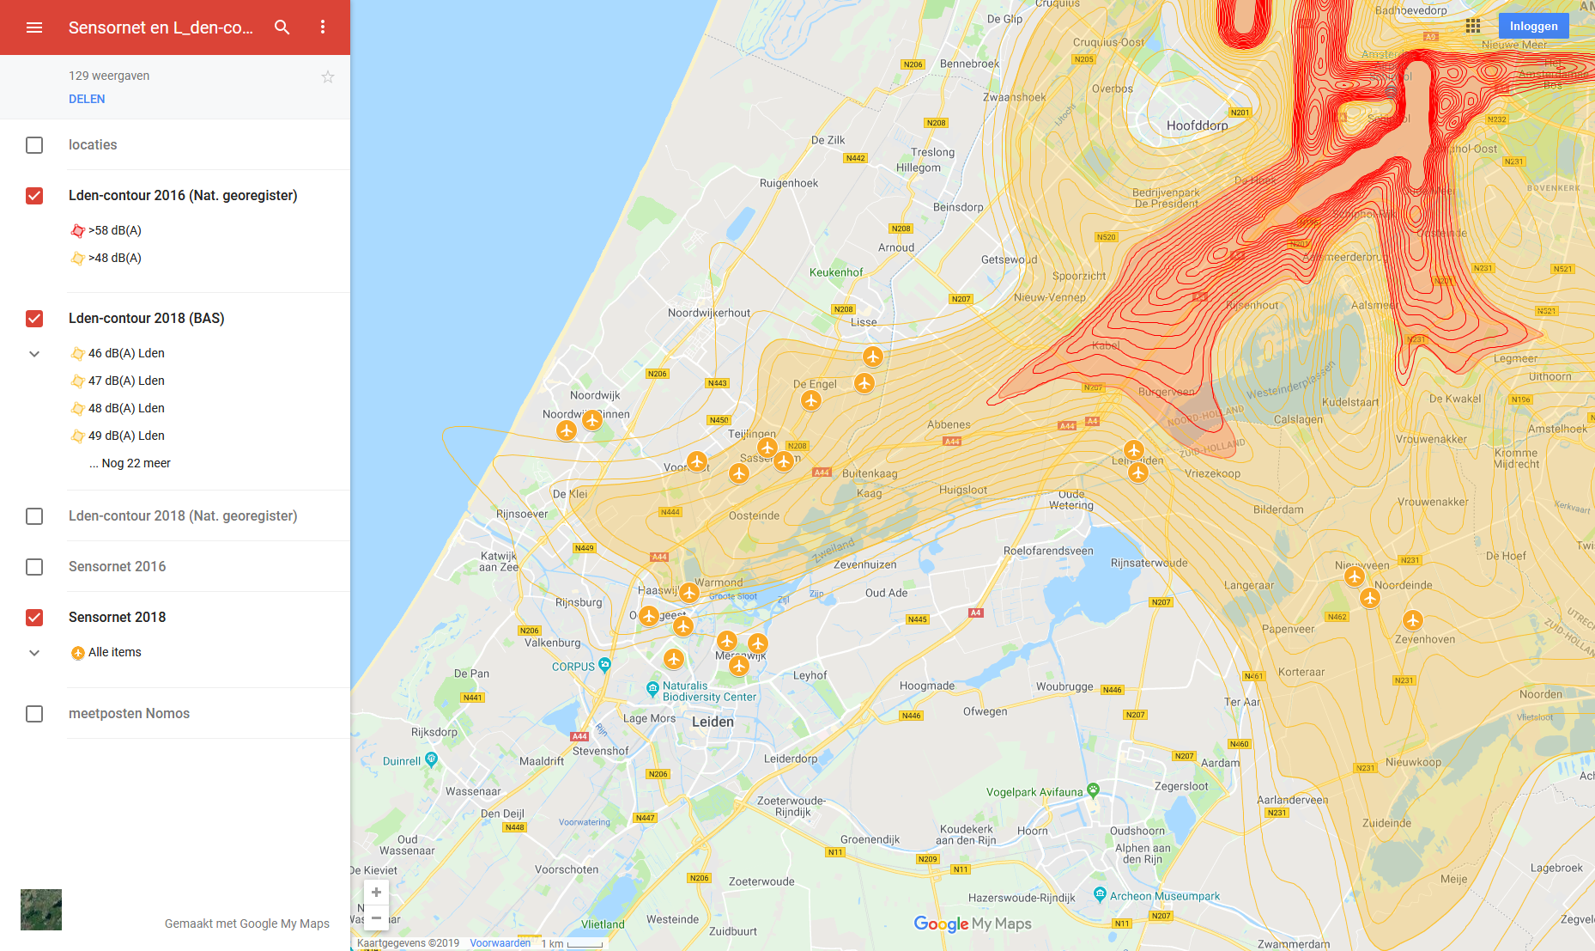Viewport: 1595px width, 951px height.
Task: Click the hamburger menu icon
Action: coord(34,27)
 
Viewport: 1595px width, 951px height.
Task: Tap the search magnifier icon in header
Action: coord(282,27)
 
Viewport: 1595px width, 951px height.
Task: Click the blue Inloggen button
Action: coord(1533,26)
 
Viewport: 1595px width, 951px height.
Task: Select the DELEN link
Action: coord(87,99)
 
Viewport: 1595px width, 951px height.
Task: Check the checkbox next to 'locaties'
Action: coord(34,145)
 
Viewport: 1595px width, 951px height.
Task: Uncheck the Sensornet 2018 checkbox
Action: coord(34,618)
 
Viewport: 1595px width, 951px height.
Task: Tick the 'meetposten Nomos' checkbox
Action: coord(34,714)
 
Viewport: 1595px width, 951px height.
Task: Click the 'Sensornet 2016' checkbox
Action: coord(34,567)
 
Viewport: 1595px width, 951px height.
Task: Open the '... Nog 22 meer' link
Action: coord(130,463)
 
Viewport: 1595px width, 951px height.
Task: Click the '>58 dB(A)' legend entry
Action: coord(114,230)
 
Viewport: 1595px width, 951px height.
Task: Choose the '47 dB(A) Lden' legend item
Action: coord(126,381)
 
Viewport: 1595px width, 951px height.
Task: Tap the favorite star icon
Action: coord(328,77)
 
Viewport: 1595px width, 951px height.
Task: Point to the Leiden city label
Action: coord(713,722)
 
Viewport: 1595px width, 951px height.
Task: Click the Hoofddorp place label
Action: coord(1197,125)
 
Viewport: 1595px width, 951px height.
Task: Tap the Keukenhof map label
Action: coord(836,272)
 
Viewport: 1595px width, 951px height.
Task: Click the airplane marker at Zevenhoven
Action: coord(1413,619)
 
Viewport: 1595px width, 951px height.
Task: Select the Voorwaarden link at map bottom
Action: coord(500,943)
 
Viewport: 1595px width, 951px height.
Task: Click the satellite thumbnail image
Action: coord(41,910)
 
